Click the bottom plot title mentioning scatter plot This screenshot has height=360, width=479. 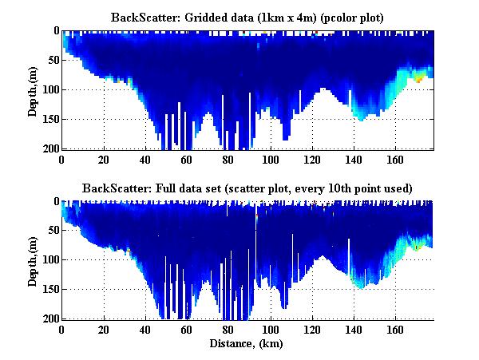point(247,188)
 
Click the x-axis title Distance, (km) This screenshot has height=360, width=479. point(247,345)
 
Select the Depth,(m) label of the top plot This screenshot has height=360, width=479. point(33,89)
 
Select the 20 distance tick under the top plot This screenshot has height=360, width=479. point(103,159)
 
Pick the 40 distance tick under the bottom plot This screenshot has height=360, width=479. point(144,330)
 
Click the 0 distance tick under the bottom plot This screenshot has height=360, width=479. point(61,330)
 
